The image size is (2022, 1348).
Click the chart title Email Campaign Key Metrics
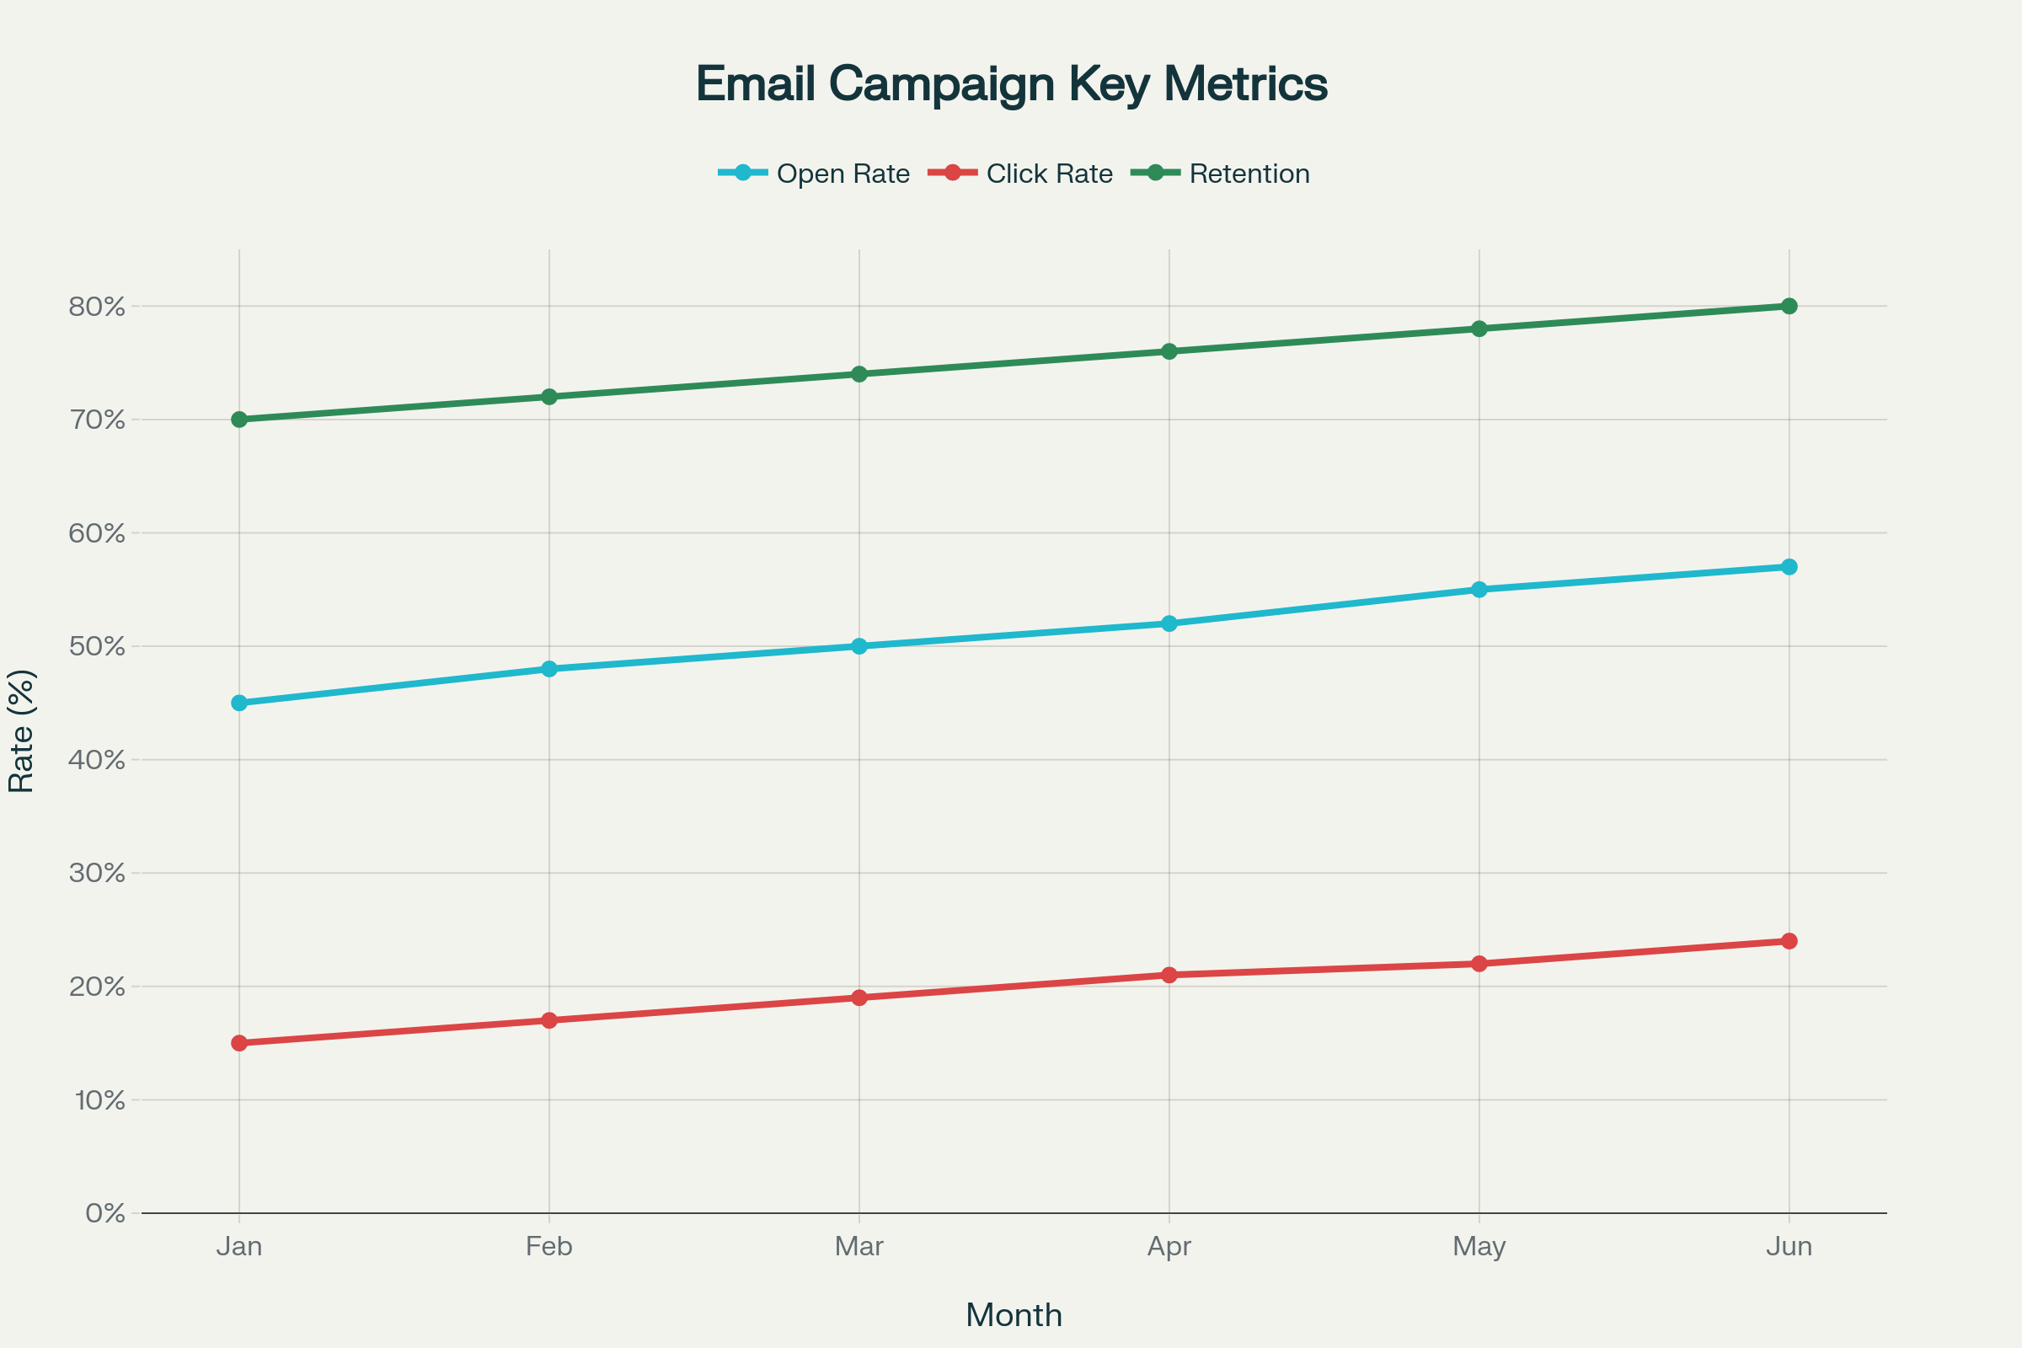pyautogui.click(x=1011, y=84)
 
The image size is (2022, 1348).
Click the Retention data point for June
pyautogui.click(x=1789, y=306)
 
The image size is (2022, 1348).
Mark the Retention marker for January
pyautogui.click(x=239, y=420)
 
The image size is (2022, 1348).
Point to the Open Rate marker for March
pyautogui.click(x=859, y=645)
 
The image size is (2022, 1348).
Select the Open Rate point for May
pyautogui.click(x=1479, y=590)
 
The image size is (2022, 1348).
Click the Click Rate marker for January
pyautogui.click(x=239, y=1043)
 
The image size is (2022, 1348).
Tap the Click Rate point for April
pyautogui.click(x=1169, y=975)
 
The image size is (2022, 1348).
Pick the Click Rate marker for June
pyautogui.click(x=1789, y=941)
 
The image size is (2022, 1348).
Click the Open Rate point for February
pyautogui.click(x=549, y=669)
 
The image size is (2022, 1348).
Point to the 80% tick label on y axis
pyautogui.click(x=97, y=307)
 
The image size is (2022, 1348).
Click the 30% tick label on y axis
pyautogui.click(x=97, y=874)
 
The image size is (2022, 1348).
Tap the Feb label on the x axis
pyautogui.click(x=549, y=1247)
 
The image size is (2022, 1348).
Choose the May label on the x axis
pyautogui.click(x=1479, y=1247)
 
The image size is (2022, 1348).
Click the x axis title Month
pyautogui.click(x=1014, y=1315)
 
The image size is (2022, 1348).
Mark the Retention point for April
pyautogui.click(x=1169, y=351)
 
